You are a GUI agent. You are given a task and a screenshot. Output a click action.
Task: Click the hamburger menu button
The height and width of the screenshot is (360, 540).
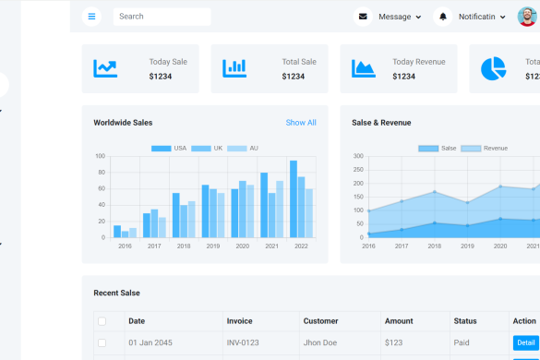pyautogui.click(x=91, y=17)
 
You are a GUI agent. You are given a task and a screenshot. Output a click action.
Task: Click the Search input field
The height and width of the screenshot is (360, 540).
pyautogui.click(x=162, y=17)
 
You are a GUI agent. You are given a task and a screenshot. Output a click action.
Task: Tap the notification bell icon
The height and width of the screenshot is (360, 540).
pyautogui.click(x=443, y=17)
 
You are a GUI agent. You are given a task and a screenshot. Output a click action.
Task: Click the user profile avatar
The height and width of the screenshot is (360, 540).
pyautogui.click(x=525, y=17)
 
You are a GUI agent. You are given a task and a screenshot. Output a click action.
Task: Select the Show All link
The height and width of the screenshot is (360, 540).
pyautogui.click(x=301, y=123)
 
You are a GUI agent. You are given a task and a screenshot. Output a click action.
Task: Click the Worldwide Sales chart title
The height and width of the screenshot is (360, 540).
pyautogui.click(x=123, y=123)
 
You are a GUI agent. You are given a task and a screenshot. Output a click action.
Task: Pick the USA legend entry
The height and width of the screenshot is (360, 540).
pyautogui.click(x=168, y=148)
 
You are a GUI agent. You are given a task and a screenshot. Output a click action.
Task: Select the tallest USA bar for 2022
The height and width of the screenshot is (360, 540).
pyautogui.click(x=294, y=198)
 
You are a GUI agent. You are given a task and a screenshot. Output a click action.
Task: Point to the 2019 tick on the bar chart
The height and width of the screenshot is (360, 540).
pyautogui.click(x=213, y=246)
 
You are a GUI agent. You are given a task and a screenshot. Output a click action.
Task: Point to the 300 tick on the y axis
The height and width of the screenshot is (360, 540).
pyautogui.click(x=357, y=157)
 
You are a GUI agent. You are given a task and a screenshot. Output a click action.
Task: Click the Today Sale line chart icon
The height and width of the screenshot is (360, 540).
pyautogui.click(x=105, y=68)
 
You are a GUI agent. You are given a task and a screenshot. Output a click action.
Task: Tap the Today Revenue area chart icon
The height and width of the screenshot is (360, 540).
pyautogui.click(x=364, y=68)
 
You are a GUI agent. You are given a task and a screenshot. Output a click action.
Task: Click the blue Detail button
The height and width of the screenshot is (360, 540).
pyautogui.click(x=525, y=343)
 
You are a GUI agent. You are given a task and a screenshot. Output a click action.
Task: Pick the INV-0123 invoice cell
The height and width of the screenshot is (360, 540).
pyautogui.click(x=244, y=343)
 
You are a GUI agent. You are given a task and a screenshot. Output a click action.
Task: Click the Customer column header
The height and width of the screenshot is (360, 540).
pyautogui.click(x=321, y=321)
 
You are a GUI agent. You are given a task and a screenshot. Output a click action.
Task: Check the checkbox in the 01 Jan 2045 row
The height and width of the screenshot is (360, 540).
pyautogui.click(x=102, y=343)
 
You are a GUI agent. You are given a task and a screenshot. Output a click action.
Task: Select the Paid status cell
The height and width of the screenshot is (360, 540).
pyautogui.click(x=462, y=343)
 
